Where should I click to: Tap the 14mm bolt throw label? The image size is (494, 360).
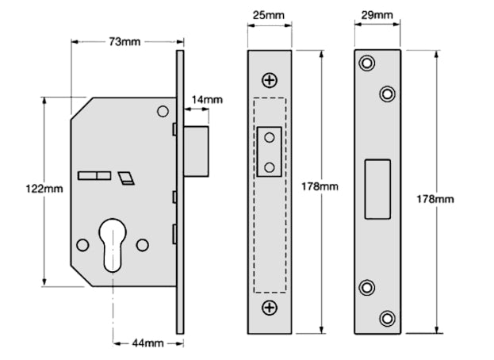pos(206,100)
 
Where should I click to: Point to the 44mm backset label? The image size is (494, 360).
pos(147,343)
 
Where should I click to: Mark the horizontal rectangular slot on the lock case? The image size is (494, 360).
pos(94,174)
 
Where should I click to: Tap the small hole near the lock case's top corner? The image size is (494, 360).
pos(163,111)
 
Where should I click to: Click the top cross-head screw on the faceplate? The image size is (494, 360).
pos(270,79)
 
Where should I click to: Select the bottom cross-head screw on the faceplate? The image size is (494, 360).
pos(270,307)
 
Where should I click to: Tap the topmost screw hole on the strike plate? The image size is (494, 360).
pos(366,63)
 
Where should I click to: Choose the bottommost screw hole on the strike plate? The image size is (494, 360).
pos(387,318)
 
